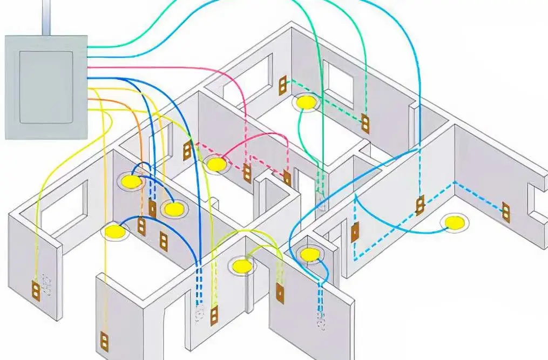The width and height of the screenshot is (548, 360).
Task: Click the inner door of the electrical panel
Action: click(46, 86)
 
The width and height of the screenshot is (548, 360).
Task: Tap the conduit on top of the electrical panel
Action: click(47, 17)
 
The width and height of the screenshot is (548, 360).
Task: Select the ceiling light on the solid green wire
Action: click(306, 101)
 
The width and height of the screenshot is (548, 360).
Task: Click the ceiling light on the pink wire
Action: click(216, 163)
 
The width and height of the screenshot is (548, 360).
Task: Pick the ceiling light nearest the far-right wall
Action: click(454, 222)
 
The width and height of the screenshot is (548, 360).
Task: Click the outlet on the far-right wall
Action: click(506, 211)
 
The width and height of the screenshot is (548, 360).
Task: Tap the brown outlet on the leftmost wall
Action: click(36, 290)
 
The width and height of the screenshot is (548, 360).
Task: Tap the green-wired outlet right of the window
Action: click(366, 124)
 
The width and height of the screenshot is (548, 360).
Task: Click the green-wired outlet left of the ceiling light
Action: click(282, 85)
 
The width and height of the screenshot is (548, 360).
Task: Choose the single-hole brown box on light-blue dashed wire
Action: click(355, 232)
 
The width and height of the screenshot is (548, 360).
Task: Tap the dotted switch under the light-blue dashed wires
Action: click(321, 322)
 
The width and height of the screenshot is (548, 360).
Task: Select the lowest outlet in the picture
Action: click(104, 341)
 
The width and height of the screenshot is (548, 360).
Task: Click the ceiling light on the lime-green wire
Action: click(242, 265)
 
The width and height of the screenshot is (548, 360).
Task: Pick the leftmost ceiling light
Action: click(114, 232)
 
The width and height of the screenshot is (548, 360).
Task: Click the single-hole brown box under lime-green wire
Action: click(280, 293)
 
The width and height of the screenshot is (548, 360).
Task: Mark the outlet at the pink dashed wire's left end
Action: click(187, 151)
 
